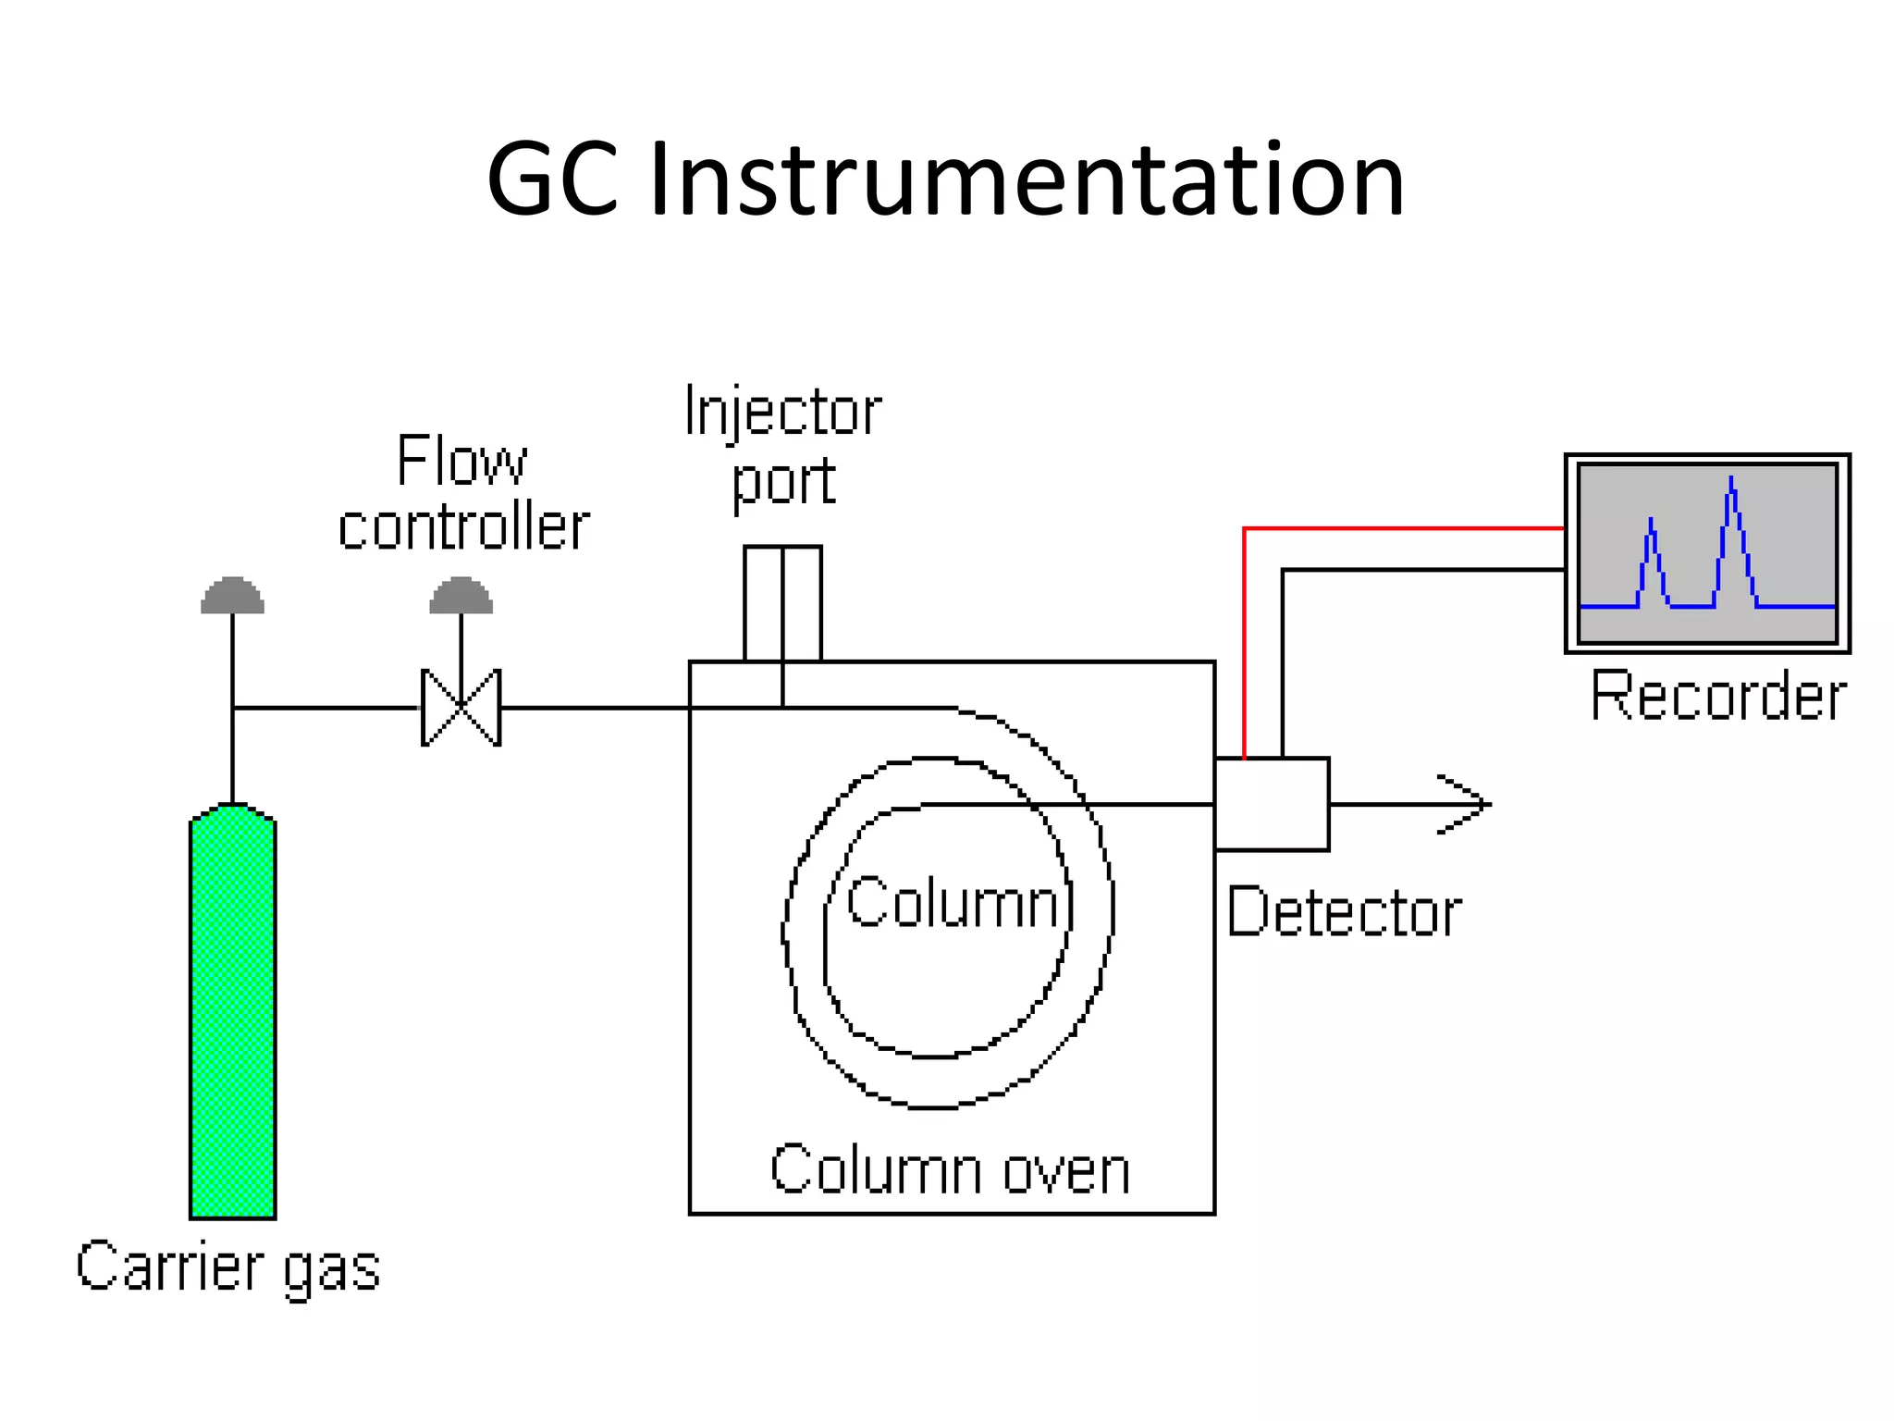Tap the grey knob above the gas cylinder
tap(232, 597)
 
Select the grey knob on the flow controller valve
tap(461, 597)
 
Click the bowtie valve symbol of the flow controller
tap(461, 708)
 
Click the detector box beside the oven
tap(1272, 804)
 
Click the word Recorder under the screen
tap(1717, 696)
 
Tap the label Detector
tap(1343, 913)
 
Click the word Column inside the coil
tap(953, 903)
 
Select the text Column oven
tap(950, 1170)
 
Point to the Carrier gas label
tap(228, 1267)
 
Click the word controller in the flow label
tap(463, 527)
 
